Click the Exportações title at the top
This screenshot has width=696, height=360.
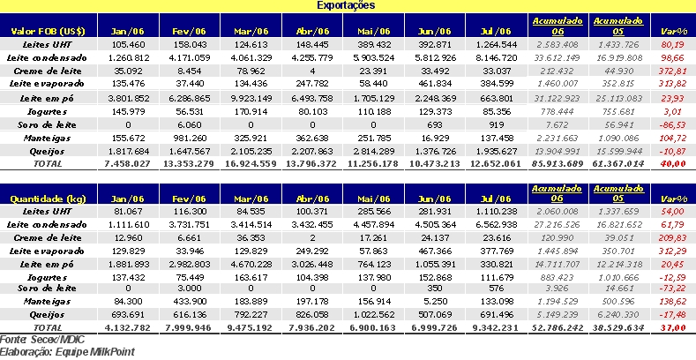(348, 5)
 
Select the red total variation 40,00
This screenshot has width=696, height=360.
(673, 165)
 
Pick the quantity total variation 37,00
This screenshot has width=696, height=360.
(673, 326)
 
